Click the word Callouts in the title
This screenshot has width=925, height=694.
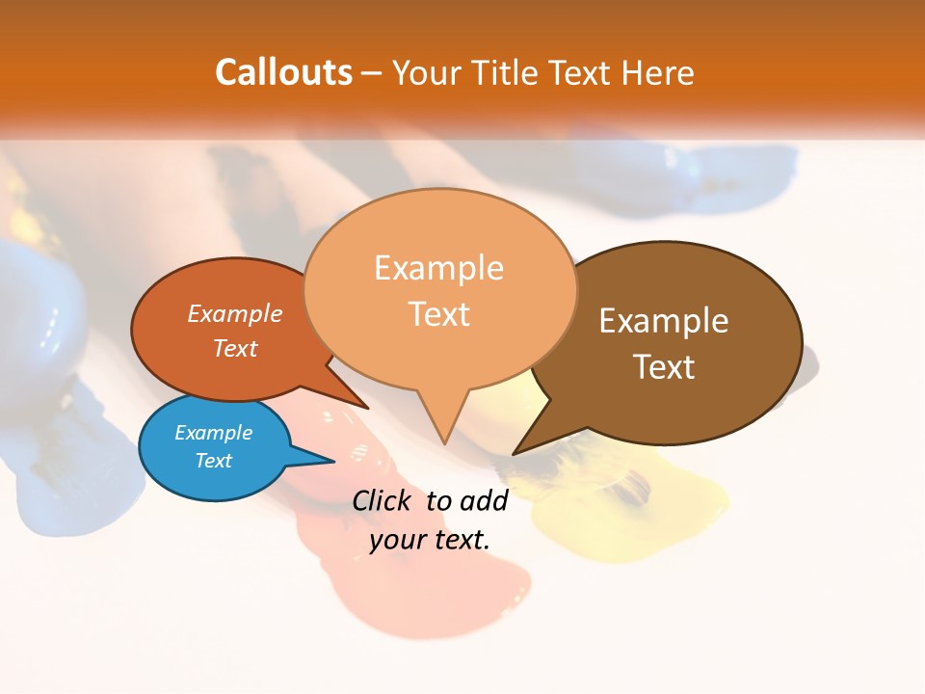tap(283, 72)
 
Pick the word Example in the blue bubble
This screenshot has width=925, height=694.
tap(213, 433)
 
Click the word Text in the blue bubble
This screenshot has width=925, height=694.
tap(213, 461)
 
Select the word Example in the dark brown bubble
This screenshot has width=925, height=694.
tap(664, 321)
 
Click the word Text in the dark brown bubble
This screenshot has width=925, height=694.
tap(664, 367)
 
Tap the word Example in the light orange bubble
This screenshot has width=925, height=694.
tap(438, 268)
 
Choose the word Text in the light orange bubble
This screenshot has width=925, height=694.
tap(439, 314)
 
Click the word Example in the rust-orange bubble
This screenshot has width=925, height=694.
tap(234, 313)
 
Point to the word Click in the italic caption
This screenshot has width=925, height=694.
tap(381, 500)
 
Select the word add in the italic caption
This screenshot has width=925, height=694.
tap(484, 500)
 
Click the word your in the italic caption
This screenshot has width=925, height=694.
tap(392, 540)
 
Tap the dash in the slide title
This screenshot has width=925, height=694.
tap(373, 73)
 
